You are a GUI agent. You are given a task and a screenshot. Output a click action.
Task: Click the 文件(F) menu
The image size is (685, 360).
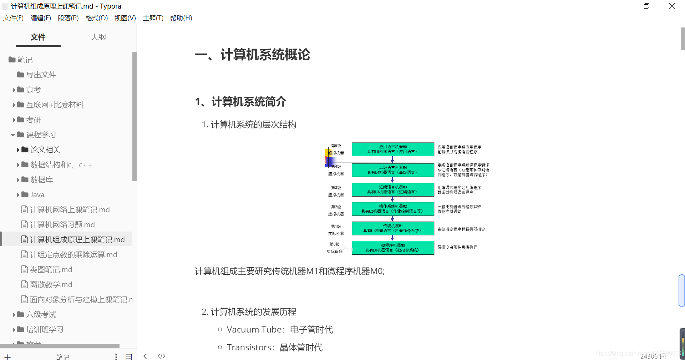(x=13, y=18)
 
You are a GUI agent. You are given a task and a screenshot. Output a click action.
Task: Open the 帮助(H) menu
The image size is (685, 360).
(x=181, y=18)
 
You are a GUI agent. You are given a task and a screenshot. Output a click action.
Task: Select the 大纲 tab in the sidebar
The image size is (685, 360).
(x=98, y=37)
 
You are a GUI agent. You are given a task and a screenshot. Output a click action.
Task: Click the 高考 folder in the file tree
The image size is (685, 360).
(x=33, y=90)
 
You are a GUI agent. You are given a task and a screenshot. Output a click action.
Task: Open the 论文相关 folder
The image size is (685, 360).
(x=45, y=150)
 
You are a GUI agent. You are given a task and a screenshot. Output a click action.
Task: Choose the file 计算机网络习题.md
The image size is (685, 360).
(x=62, y=225)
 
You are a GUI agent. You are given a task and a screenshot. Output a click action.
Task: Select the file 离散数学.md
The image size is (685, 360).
(x=51, y=285)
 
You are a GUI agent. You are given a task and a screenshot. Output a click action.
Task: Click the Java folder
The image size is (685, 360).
(x=37, y=195)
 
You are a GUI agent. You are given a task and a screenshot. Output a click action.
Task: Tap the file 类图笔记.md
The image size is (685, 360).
(x=51, y=270)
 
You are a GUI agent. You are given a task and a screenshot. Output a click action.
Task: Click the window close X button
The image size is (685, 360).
(x=672, y=6)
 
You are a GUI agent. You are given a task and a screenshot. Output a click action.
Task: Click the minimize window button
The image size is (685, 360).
(x=622, y=6)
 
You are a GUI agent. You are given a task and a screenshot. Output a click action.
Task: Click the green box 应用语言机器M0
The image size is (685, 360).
(x=393, y=149)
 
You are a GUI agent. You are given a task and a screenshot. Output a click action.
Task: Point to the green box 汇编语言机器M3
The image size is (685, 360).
(x=393, y=189)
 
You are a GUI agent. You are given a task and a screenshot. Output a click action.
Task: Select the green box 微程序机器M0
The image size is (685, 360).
(x=393, y=248)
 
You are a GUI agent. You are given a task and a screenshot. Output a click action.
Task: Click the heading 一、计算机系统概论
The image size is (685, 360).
(x=253, y=55)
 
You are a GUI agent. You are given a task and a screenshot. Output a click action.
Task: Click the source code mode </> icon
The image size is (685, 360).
(x=161, y=356)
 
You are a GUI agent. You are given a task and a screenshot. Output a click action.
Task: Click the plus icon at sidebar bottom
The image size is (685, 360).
(x=7, y=356)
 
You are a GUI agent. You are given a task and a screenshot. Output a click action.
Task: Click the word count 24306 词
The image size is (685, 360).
(x=653, y=356)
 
